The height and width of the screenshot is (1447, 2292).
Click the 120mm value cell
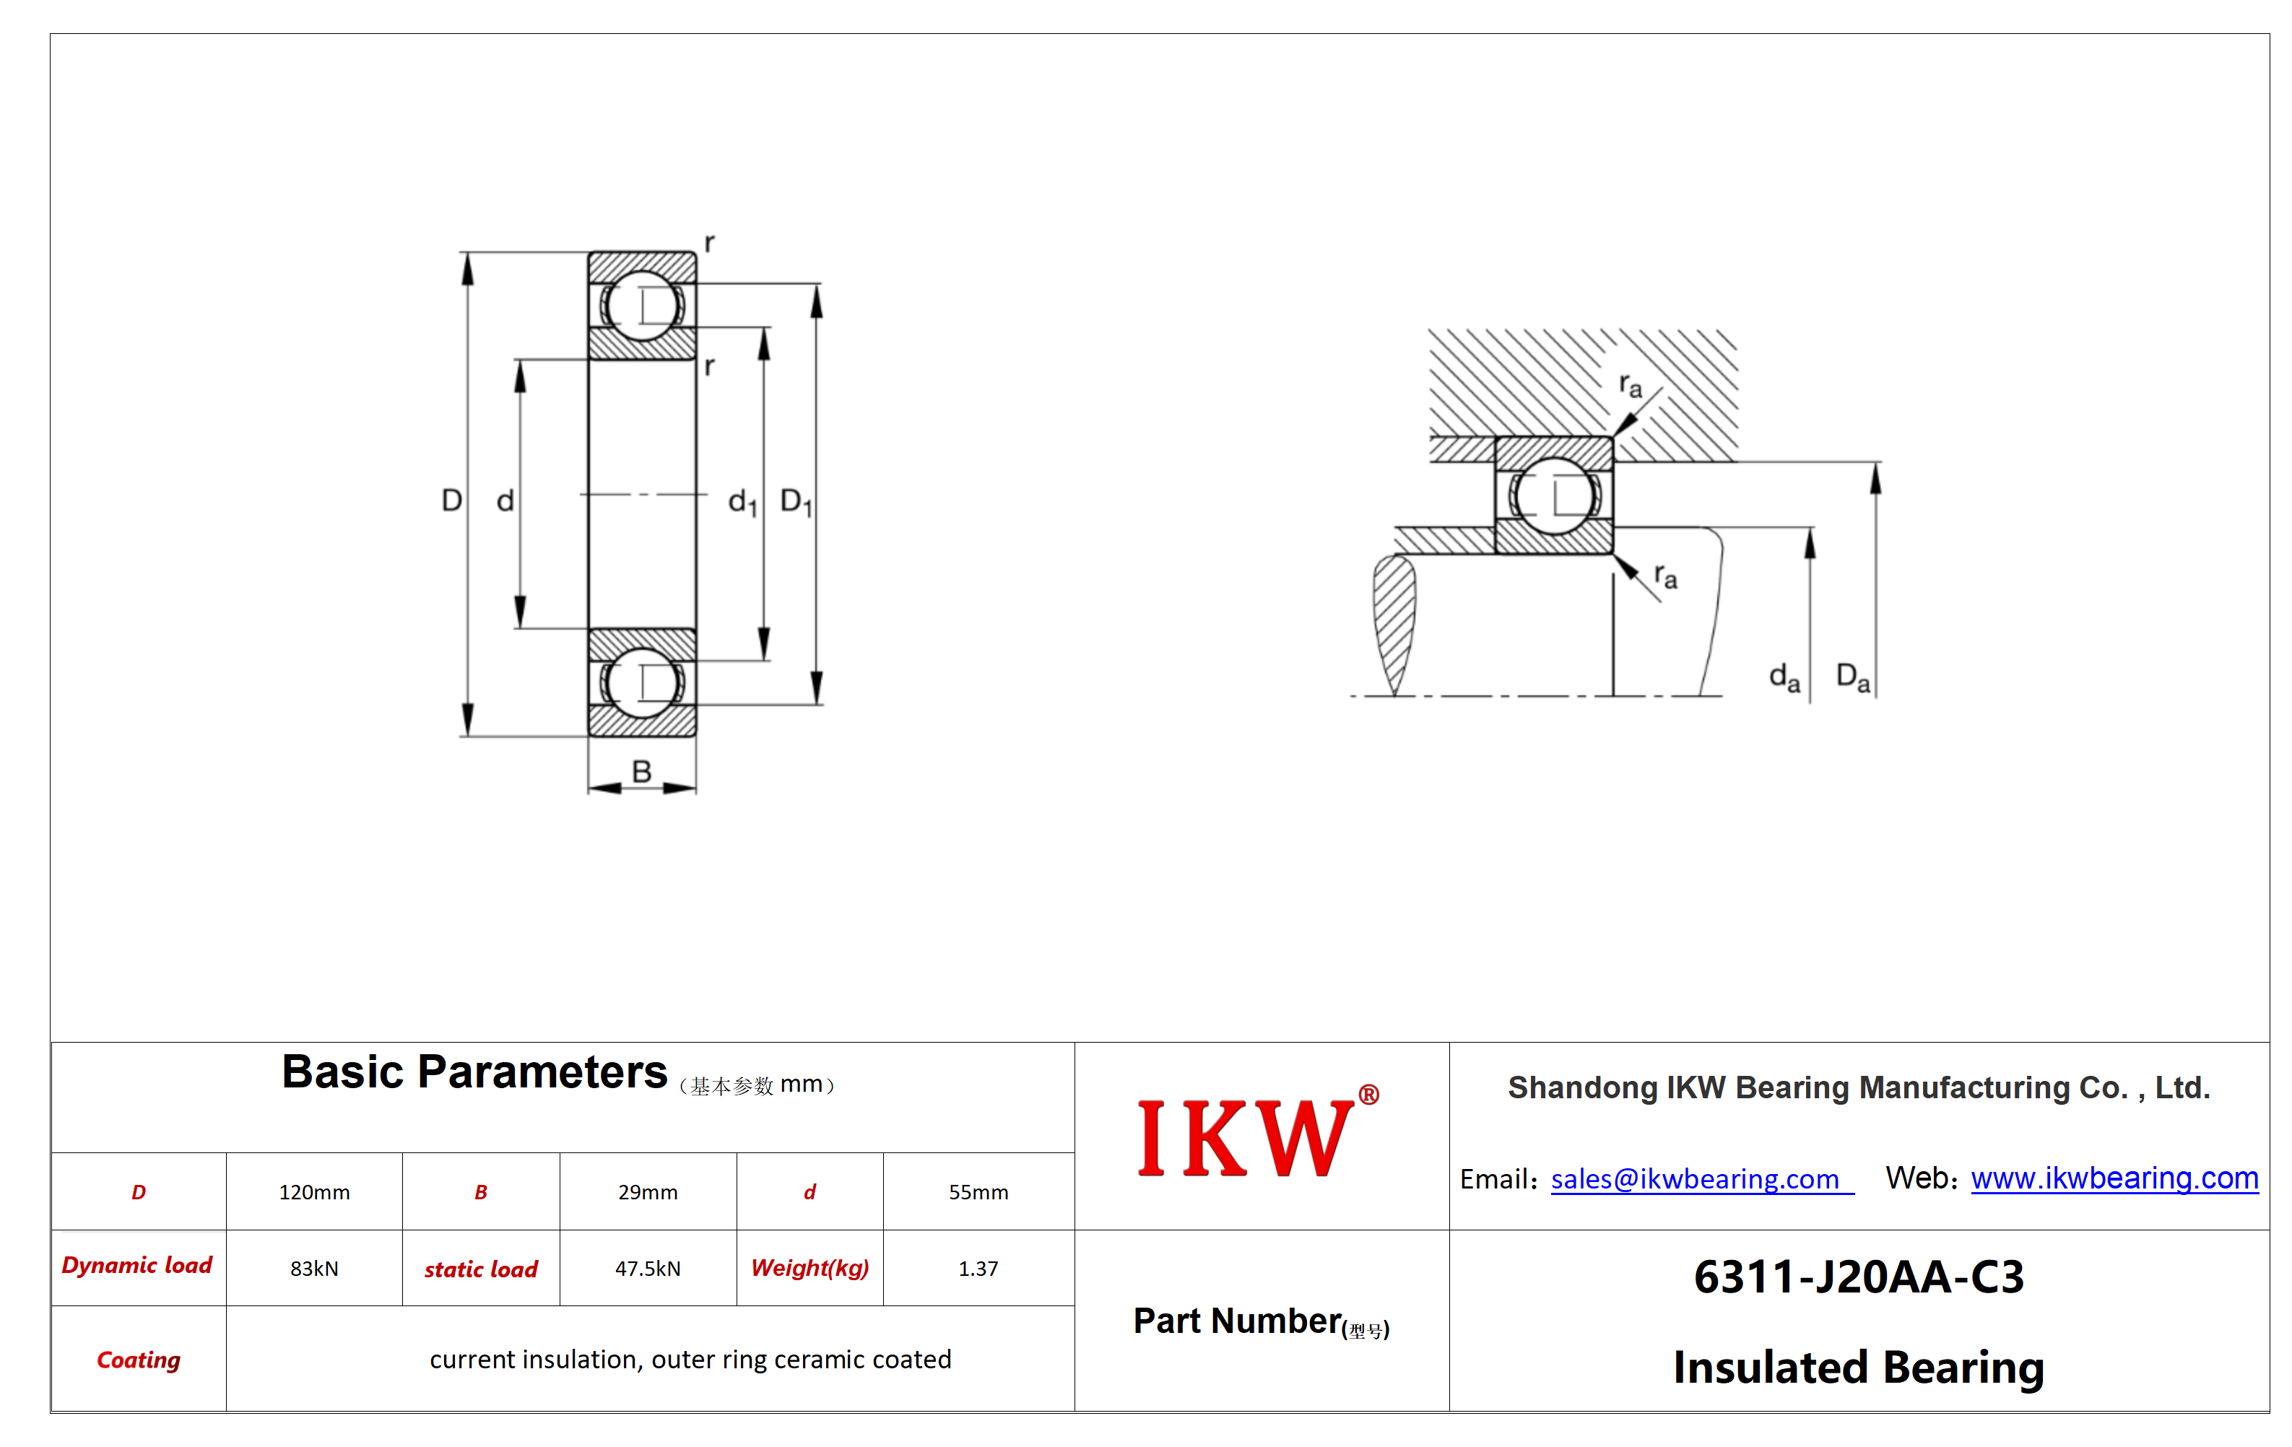(314, 1192)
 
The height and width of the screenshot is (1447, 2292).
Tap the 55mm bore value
(978, 1192)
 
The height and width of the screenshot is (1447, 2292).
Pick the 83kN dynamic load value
(314, 1268)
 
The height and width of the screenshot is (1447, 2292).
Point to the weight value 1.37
(978, 1268)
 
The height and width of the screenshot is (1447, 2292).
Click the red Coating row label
(139, 1360)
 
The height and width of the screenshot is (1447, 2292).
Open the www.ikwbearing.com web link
(2114, 1178)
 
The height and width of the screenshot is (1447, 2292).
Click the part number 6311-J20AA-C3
(1859, 1277)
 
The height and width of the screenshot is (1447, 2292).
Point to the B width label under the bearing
(641, 771)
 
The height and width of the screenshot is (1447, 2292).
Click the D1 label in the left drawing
(796, 502)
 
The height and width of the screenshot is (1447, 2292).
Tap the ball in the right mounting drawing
(1554, 495)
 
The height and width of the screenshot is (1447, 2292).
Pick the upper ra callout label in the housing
(1631, 386)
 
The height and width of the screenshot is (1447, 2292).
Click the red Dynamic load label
(137, 1265)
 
